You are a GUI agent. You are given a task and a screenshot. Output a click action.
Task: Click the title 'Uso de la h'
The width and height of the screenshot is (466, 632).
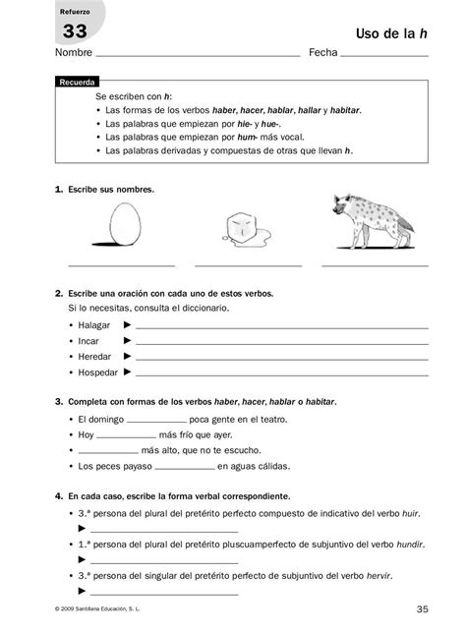click(390, 33)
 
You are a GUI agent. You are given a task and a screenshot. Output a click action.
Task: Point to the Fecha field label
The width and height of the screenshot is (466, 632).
click(322, 52)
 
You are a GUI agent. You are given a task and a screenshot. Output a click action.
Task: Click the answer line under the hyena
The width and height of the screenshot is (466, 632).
click(374, 265)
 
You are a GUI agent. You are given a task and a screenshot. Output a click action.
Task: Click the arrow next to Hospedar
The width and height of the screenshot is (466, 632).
click(127, 373)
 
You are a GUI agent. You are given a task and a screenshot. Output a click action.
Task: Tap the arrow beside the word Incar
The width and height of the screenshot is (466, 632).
click(127, 341)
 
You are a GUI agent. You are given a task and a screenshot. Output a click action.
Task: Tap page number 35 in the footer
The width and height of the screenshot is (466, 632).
click(422, 609)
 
